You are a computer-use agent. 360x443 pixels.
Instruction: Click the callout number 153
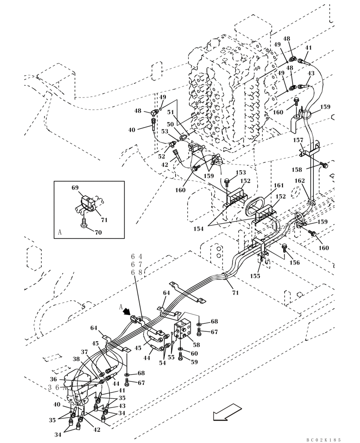pos(241,172)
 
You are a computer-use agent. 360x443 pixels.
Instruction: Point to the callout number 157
pos(298,140)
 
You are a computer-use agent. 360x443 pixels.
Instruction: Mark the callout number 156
pos(294,263)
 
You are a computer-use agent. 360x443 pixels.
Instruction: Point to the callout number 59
pos(194,362)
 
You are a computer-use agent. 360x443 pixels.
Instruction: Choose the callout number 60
pos(194,353)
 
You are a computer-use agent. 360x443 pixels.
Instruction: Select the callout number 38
pos(76,359)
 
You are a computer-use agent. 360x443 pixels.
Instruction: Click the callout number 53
pos(164,131)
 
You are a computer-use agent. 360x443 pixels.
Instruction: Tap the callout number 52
pos(161,156)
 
